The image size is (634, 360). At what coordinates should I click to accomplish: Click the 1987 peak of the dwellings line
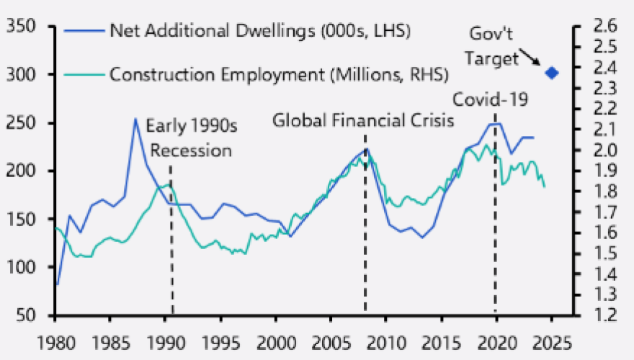[x=135, y=119]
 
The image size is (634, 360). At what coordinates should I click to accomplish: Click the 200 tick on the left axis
[x=28, y=171]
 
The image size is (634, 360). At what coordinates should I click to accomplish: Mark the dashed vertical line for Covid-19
[x=496, y=216]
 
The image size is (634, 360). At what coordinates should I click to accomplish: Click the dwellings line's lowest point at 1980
[x=57, y=285]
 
